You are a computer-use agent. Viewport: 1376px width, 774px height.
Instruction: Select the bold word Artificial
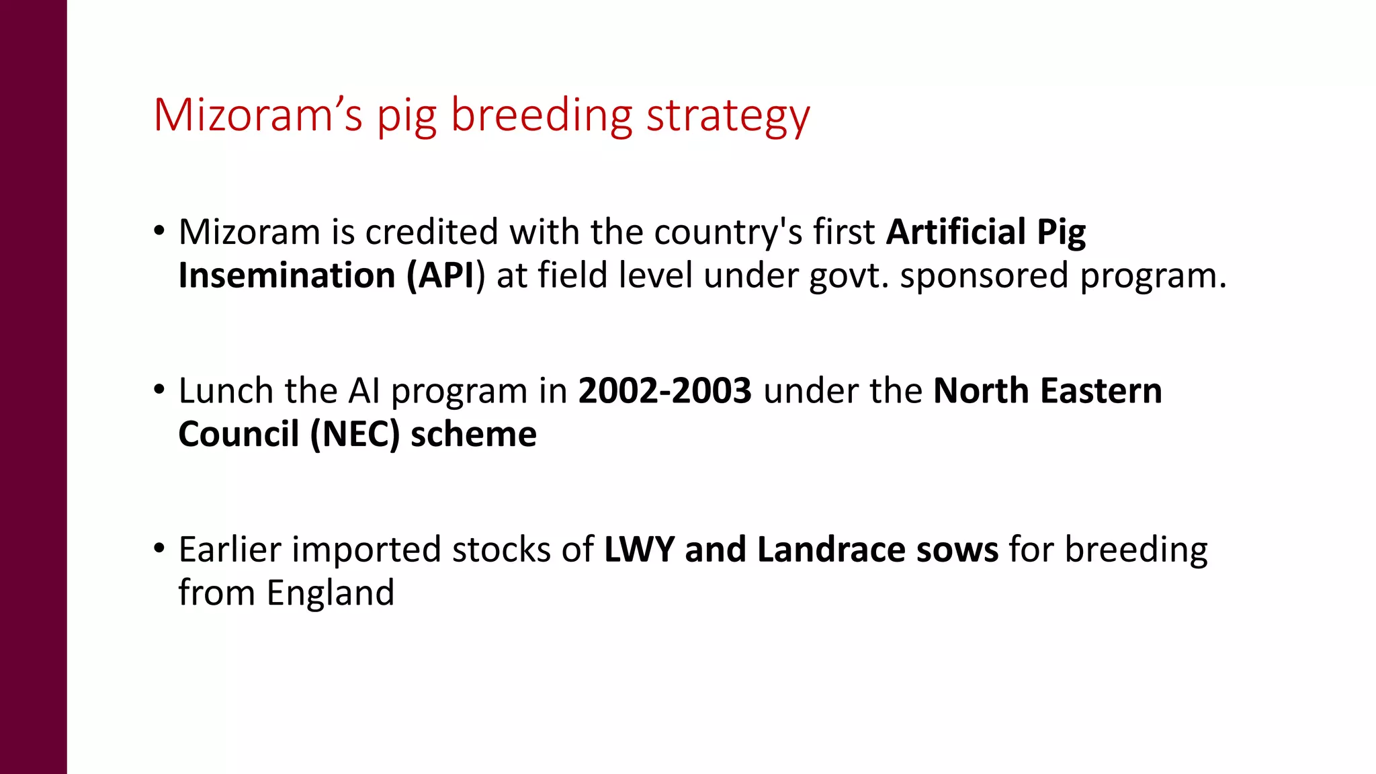pos(955,232)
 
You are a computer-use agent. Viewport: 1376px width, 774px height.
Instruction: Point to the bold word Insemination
pos(287,275)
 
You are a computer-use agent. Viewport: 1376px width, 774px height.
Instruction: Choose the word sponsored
pos(984,275)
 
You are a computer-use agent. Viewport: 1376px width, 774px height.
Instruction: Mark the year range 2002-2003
pos(664,391)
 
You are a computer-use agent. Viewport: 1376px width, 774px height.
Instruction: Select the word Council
pos(239,434)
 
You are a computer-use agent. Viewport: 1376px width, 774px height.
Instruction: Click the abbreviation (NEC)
pos(355,434)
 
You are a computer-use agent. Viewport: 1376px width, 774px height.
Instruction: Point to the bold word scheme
pos(474,434)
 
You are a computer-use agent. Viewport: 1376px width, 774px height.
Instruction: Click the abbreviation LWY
pos(639,550)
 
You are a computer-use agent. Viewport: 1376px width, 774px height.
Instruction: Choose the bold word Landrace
pos(830,550)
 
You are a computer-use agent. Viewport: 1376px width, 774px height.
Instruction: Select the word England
pos(330,593)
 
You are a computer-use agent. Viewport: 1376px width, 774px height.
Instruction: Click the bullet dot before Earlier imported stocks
pos(159,548)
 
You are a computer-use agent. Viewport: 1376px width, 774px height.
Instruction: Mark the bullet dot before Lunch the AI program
pos(159,390)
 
